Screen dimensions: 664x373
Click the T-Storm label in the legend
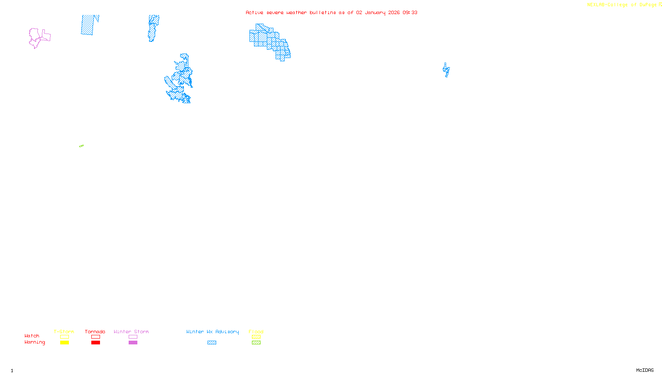click(64, 332)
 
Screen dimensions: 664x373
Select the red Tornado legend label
click(95, 332)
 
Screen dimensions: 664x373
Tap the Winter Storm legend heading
click(131, 332)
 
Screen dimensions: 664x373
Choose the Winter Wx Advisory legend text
click(212, 332)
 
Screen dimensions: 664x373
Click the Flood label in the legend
click(256, 332)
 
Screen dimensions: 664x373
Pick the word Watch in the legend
click(32, 336)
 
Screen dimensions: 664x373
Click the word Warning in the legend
click(35, 342)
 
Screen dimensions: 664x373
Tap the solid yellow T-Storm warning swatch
click(64, 343)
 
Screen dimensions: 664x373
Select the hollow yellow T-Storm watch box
click(64, 337)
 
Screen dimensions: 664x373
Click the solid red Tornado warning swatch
click(95, 343)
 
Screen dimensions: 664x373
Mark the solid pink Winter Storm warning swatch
click(133, 343)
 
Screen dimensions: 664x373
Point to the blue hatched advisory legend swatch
click(212, 343)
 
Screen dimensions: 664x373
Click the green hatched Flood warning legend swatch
click(256, 343)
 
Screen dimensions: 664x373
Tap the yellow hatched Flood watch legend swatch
click(256, 337)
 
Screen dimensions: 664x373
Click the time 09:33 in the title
click(410, 12)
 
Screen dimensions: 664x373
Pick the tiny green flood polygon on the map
click(81, 146)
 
